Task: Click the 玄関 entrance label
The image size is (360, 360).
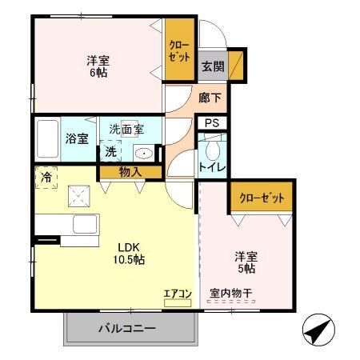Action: tap(212, 66)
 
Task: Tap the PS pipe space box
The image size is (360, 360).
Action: tap(212, 122)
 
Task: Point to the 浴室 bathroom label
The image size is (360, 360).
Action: tap(77, 138)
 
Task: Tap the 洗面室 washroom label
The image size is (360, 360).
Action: tap(126, 129)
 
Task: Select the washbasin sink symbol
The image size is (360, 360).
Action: tap(144, 154)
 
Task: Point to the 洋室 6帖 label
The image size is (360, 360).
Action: tap(98, 65)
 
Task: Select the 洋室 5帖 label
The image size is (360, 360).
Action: tap(246, 262)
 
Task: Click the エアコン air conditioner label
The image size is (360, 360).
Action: tap(177, 294)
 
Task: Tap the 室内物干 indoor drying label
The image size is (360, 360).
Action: tap(230, 294)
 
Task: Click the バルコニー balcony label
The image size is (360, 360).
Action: tap(127, 328)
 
